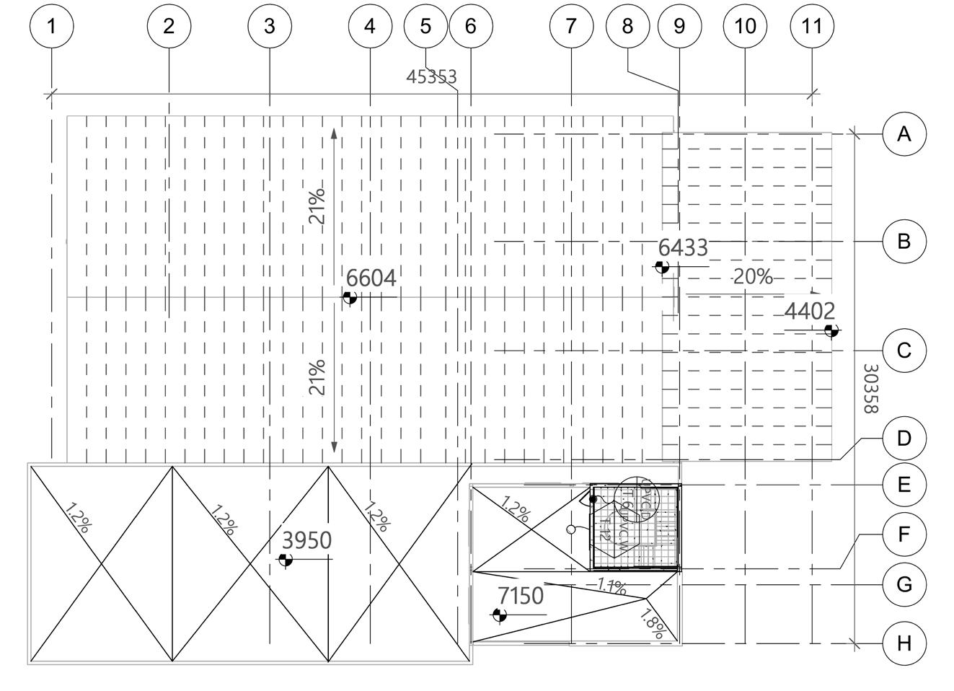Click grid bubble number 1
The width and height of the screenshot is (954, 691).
pyautogui.click(x=51, y=26)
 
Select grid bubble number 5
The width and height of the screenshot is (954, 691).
pyautogui.click(x=425, y=26)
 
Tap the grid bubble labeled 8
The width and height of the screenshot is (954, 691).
pyautogui.click(x=627, y=26)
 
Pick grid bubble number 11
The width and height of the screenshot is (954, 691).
pyautogui.click(x=812, y=26)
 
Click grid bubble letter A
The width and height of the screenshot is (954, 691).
pyautogui.click(x=904, y=133)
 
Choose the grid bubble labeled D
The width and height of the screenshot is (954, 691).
pyautogui.click(x=904, y=438)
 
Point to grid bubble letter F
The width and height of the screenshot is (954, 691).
pyautogui.click(x=904, y=534)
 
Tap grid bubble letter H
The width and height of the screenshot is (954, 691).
pyautogui.click(x=904, y=643)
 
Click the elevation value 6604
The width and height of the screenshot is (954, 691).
pyautogui.click(x=371, y=278)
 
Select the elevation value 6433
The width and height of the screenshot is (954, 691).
pyautogui.click(x=683, y=247)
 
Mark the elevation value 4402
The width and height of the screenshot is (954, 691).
pyautogui.click(x=809, y=311)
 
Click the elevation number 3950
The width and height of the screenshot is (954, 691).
pyautogui.click(x=306, y=540)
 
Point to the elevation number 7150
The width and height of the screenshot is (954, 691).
pyautogui.click(x=521, y=596)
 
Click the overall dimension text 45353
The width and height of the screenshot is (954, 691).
pyautogui.click(x=431, y=76)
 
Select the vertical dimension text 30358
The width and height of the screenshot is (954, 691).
pyautogui.click(x=870, y=388)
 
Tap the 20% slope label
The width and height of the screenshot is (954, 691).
pyautogui.click(x=753, y=276)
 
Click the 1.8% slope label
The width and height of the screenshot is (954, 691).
pyautogui.click(x=653, y=624)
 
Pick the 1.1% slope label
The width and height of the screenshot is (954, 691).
pyautogui.click(x=611, y=586)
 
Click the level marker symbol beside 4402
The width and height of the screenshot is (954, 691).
pyautogui.click(x=831, y=330)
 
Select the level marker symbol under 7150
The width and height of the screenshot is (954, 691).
pyautogui.click(x=499, y=615)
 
